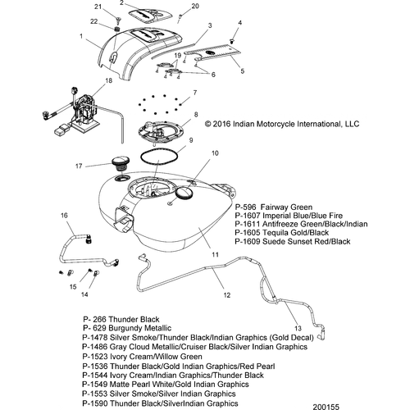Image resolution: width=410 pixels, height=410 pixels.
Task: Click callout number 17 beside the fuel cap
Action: [x=79, y=166]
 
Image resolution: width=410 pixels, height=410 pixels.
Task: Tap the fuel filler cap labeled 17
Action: [x=120, y=164]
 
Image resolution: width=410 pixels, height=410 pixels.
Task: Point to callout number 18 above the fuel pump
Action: [x=109, y=80]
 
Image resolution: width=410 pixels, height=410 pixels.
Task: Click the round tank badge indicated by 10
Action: [x=184, y=193]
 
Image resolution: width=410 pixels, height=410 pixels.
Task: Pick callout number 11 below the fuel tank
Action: [x=216, y=255]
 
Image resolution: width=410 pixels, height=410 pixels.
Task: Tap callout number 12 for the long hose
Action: [x=227, y=295]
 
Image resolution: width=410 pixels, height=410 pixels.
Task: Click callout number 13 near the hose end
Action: [x=298, y=328]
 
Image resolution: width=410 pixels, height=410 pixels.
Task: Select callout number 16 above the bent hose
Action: [x=64, y=216]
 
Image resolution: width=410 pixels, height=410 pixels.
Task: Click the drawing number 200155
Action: [x=326, y=407]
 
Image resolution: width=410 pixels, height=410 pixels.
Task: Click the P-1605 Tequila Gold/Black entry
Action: [x=281, y=233]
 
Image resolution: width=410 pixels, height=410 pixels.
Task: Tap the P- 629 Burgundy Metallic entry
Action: [x=127, y=328]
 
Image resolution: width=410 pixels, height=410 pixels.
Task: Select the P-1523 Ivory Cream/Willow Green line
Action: [x=142, y=357]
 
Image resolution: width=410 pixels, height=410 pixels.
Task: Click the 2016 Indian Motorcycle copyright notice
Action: [x=282, y=124]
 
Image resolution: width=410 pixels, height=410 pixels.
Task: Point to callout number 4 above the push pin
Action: [x=239, y=22]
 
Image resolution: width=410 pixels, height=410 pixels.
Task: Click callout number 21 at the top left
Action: [x=98, y=7]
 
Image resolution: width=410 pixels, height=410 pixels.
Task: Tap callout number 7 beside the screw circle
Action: [x=195, y=93]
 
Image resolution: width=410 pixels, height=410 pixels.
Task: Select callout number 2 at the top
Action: [x=121, y=3]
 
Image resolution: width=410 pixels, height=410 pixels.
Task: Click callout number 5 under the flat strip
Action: [x=243, y=71]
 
